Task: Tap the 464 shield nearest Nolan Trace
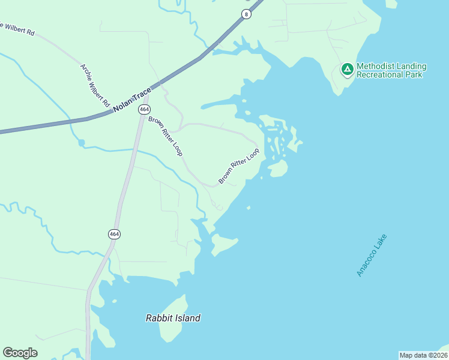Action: tap(144, 109)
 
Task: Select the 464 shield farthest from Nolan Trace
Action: tap(113, 234)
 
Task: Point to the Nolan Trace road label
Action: tap(131, 97)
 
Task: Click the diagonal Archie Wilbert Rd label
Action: tap(95, 85)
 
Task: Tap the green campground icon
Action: tap(347, 70)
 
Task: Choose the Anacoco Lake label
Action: tap(372, 255)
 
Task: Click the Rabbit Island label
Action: tap(173, 318)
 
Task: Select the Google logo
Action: tap(20, 353)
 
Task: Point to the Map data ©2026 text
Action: tap(423, 355)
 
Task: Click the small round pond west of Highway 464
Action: tap(81, 143)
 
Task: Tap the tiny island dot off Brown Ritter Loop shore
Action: tap(249, 208)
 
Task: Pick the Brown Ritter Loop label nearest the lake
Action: tap(239, 166)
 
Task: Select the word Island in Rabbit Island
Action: tap(187, 318)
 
